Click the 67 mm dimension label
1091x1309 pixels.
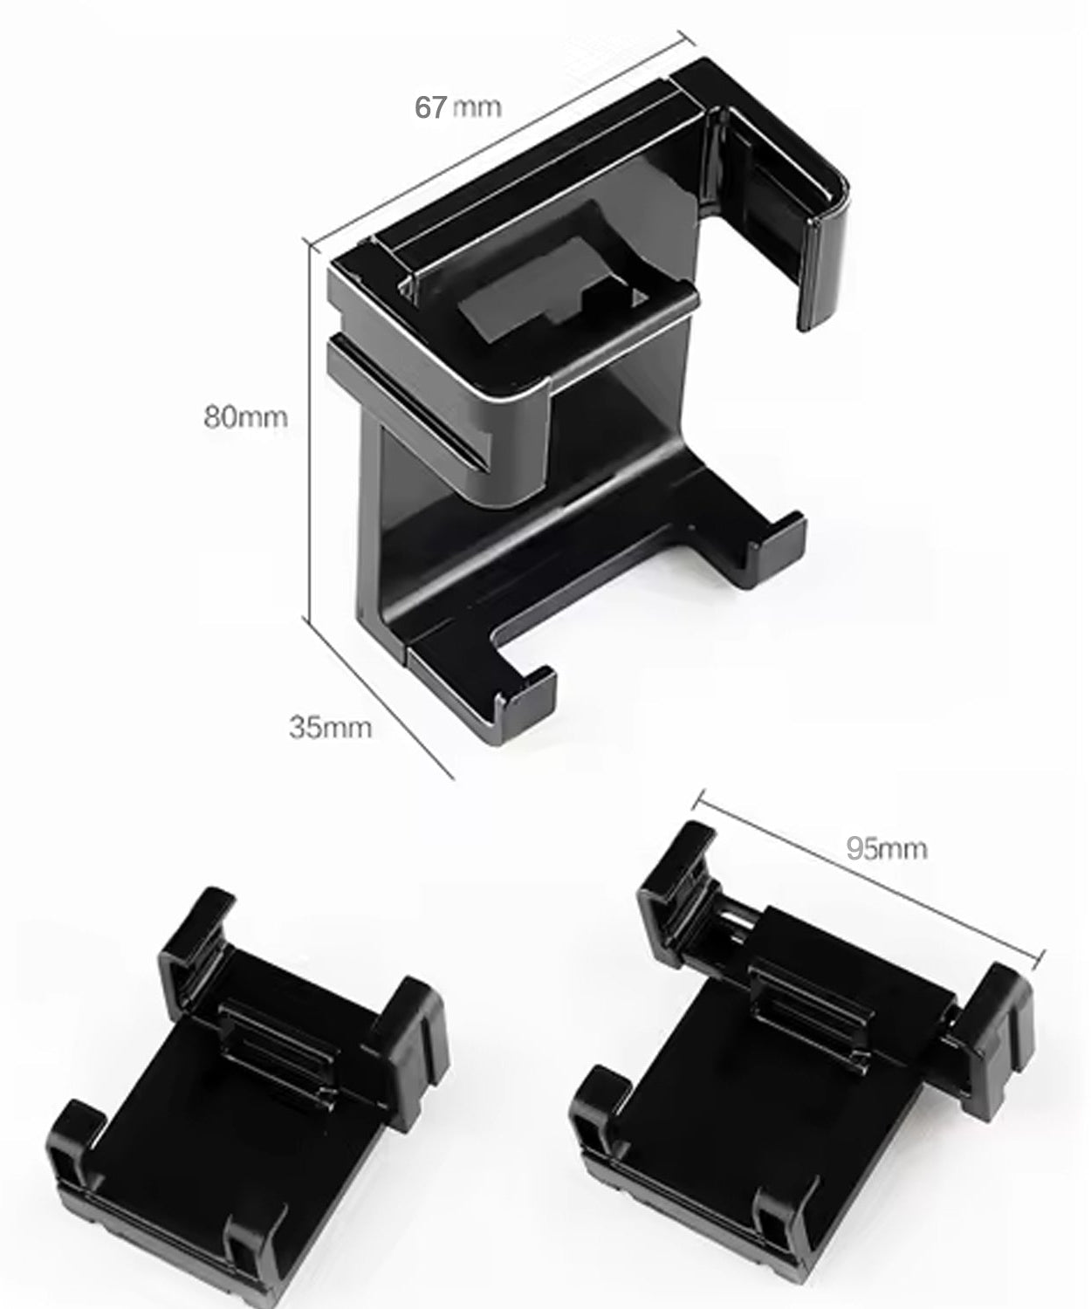click(457, 106)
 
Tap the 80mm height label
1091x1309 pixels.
click(245, 417)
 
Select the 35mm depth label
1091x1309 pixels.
click(330, 726)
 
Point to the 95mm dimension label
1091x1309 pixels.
click(886, 848)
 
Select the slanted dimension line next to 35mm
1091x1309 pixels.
click(381, 698)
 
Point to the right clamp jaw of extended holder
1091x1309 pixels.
click(995, 1017)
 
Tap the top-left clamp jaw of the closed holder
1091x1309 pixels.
click(196, 947)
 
